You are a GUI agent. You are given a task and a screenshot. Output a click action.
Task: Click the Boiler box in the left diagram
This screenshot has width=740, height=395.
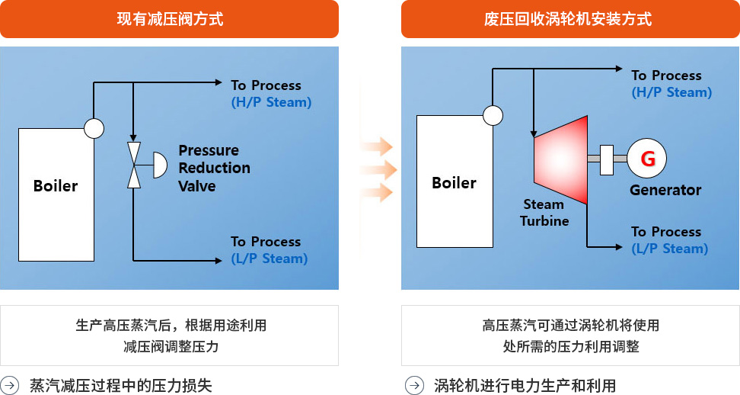pos(56,194)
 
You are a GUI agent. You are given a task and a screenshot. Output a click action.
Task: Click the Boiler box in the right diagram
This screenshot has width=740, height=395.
pos(455,181)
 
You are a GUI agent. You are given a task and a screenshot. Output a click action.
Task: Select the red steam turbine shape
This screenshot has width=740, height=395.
pos(560,159)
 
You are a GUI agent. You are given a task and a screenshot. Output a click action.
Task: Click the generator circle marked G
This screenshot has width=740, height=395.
pos(646,159)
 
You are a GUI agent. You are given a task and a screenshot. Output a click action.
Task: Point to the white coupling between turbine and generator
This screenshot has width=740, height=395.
pos(607,159)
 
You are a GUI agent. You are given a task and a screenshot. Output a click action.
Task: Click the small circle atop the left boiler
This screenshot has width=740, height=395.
pos(94,128)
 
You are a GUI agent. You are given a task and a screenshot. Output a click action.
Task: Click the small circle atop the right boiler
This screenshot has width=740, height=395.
pos(493,115)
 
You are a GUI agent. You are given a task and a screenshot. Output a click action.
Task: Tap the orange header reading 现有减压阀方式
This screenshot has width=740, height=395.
pos(170,19)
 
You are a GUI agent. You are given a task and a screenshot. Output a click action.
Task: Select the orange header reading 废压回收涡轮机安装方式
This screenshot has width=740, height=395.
pos(570,19)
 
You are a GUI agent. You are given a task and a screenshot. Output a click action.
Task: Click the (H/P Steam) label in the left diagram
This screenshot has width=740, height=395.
pos(271,102)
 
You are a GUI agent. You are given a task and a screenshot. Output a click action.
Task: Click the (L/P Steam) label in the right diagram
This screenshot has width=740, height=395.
pos(670,249)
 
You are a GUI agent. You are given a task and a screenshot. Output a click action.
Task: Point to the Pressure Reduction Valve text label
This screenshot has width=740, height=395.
pos(214,168)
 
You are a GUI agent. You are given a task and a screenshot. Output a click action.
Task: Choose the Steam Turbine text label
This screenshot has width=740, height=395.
pos(544,213)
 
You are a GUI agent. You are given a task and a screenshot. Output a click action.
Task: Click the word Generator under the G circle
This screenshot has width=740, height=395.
pos(665,190)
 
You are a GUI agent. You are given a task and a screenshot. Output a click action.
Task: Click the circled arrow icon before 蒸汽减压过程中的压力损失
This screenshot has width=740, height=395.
pos(9,385)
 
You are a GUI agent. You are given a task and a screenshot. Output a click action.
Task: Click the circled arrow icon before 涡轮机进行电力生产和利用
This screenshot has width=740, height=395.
pos(414,385)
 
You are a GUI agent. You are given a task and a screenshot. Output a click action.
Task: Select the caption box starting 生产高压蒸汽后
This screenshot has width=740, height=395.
pos(170,336)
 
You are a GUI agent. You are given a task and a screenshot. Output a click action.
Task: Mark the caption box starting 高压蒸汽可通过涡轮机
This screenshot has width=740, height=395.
pos(570,336)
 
